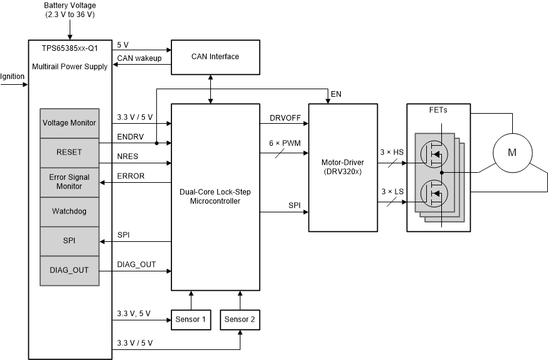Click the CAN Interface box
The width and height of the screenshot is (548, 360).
(215, 57)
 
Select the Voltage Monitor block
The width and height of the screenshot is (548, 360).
(70, 123)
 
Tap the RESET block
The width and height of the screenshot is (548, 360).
(70, 152)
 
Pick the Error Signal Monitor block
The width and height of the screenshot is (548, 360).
(70, 182)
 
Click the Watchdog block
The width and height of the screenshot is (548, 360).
(70, 211)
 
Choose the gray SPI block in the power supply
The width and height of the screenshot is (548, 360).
(70, 241)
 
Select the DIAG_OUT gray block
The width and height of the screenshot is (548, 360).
(70, 271)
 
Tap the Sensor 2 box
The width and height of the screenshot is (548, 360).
(239, 320)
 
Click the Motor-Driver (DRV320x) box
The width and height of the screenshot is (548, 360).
(342, 167)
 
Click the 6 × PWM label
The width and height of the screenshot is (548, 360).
(285, 143)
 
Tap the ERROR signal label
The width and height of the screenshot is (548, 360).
(131, 177)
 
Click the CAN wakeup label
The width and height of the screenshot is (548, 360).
(139, 58)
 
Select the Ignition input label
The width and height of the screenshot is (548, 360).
(13, 77)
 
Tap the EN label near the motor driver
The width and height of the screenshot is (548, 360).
(336, 94)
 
